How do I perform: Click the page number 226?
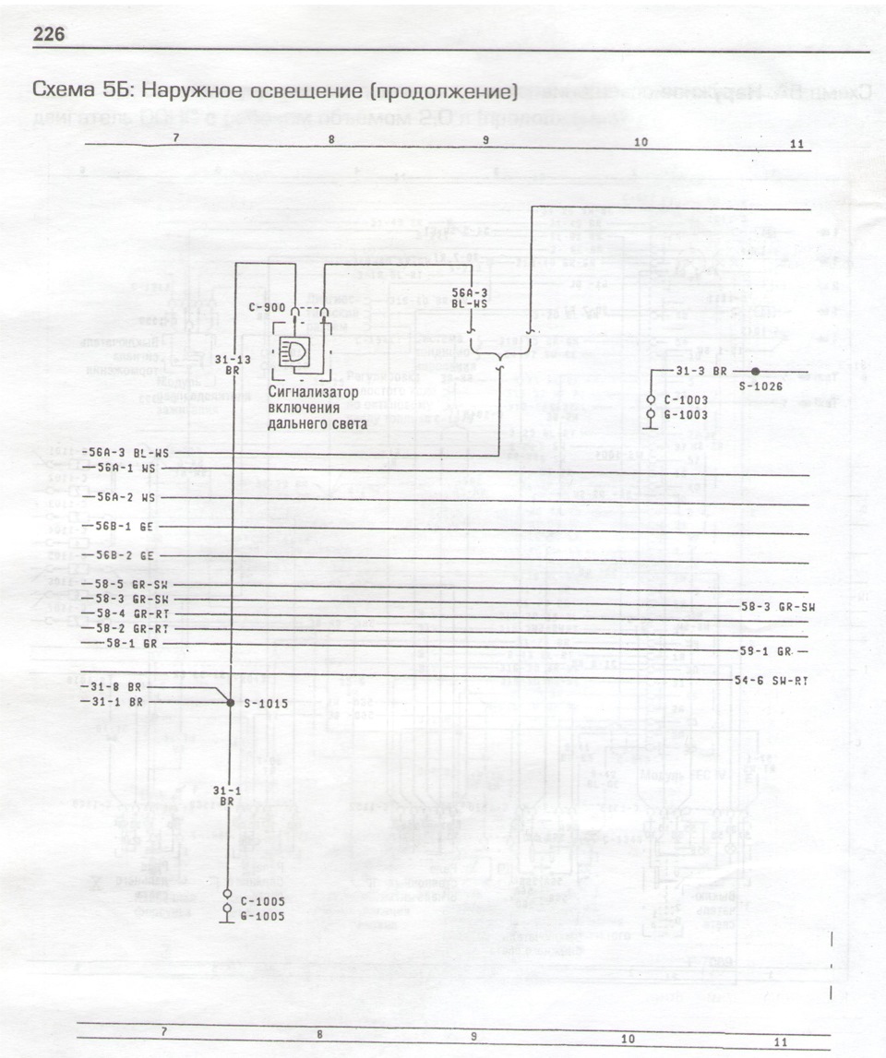tap(48, 35)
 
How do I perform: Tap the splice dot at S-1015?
tap(231, 702)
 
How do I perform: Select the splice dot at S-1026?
tap(755, 371)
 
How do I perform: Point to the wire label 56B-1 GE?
tap(125, 526)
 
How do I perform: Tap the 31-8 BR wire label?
tap(117, 686)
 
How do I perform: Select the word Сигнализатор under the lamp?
tap(313, 392)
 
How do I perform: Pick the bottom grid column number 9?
tap(473, 1036)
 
